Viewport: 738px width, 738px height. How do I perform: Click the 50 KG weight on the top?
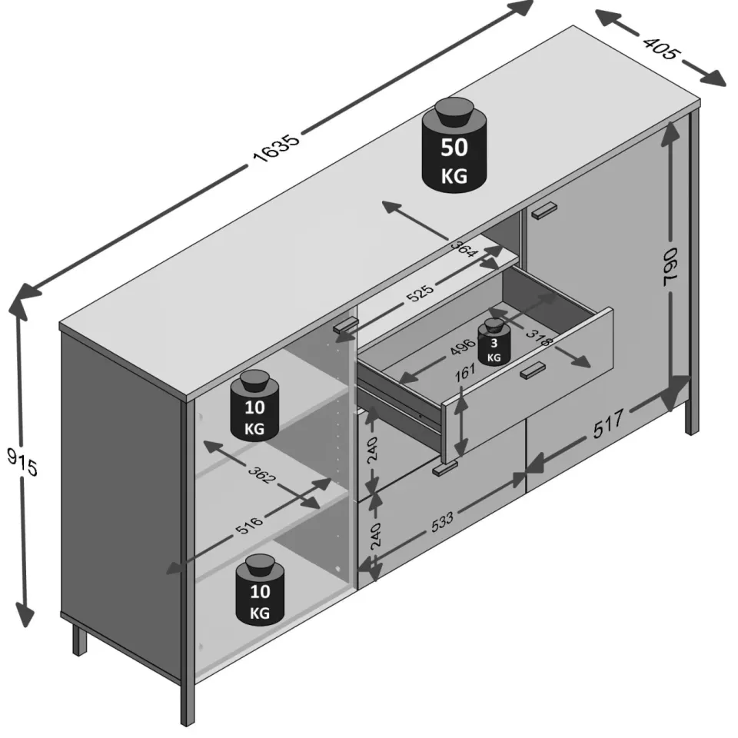pos(454,145)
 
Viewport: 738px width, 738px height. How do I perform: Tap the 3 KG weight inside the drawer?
pos(494,341)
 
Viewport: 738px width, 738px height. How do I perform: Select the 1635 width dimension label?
pos(276,148)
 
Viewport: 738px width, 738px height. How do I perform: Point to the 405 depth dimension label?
pos(661,47)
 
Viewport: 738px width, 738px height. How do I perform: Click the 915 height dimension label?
pos(22,462)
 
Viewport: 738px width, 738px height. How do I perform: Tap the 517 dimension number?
pos(608,424)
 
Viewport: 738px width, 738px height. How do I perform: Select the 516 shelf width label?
pos(248,525)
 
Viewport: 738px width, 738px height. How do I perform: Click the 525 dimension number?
pos(420,294)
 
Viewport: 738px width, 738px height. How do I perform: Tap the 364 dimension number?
pos(464,249)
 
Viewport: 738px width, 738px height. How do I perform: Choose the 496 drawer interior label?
pos(463,347)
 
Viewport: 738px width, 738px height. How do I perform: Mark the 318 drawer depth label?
pos(540,337)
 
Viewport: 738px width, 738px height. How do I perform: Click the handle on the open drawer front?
pos(533,370)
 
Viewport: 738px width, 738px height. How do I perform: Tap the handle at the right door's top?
pos(544,210)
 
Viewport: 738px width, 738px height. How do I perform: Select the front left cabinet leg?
pos(188,702)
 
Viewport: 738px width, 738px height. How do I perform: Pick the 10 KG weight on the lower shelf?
pos(259,590)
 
